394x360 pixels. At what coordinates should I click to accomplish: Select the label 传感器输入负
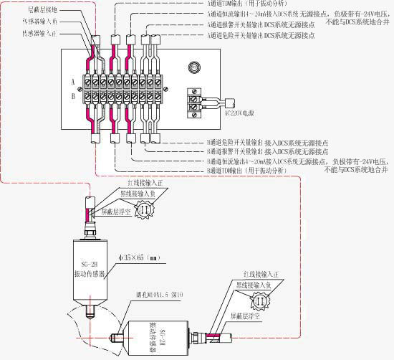tap(46, 22)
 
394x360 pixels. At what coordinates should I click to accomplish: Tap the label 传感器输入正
tap(46, 33)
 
